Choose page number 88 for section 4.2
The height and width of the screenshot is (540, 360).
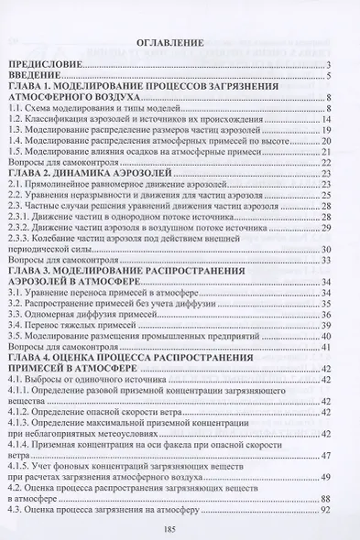tap(325, 499)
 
